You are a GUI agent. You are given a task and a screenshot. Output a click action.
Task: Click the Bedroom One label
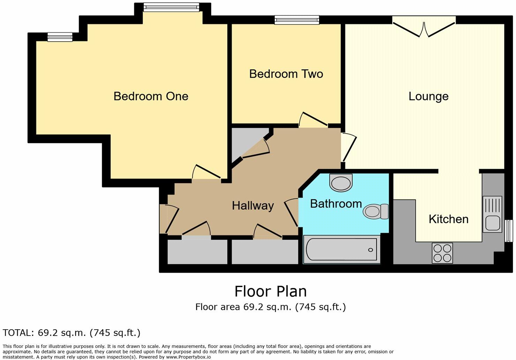pos(151,96)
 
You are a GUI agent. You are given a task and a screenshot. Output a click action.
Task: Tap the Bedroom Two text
pos(286,74)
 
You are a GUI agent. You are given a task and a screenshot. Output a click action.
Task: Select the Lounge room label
pos(428,96)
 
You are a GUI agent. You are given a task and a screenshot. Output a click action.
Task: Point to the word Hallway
pos(253,205)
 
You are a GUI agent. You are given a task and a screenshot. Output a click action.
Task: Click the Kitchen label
pos(448,219)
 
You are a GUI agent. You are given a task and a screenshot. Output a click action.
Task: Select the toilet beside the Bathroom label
pos(375,211)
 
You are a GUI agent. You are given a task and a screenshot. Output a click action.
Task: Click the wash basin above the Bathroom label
pos(341,182)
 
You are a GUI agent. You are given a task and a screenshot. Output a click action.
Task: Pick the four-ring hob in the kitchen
pos(442,253)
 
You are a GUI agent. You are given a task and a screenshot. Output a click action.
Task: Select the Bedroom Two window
pos(297,20)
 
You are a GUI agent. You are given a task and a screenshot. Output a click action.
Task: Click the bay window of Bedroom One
pos(171,7)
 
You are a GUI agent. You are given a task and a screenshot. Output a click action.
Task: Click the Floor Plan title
pos(270,291)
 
